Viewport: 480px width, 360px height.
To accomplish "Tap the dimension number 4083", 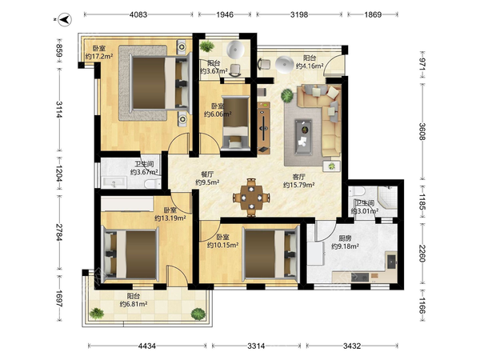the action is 138,14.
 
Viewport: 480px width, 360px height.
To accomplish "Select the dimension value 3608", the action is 422,131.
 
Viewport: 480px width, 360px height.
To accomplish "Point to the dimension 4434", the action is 147,346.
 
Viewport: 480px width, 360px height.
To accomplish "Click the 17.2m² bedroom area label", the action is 99,52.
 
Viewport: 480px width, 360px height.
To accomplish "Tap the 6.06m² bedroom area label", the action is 218,110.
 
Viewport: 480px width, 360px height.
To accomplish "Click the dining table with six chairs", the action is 251,198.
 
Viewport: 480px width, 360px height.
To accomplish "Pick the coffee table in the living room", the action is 303,136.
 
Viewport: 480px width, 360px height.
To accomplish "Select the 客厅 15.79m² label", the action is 298,181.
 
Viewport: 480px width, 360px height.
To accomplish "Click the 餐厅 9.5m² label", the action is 207,178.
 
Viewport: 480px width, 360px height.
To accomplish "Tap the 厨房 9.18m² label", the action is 345,242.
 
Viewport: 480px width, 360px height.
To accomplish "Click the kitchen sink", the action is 392,262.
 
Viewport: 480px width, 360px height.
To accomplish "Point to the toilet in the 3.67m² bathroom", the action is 152,183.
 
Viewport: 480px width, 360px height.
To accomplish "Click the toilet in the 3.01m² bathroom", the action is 357,192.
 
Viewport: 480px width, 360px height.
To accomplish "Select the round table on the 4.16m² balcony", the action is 284,64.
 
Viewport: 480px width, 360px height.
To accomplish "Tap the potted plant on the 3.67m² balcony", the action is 207,46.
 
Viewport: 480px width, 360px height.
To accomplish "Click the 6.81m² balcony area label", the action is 134,300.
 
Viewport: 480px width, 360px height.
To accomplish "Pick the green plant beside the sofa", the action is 287,95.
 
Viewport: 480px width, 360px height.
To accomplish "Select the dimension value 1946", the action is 225,14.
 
